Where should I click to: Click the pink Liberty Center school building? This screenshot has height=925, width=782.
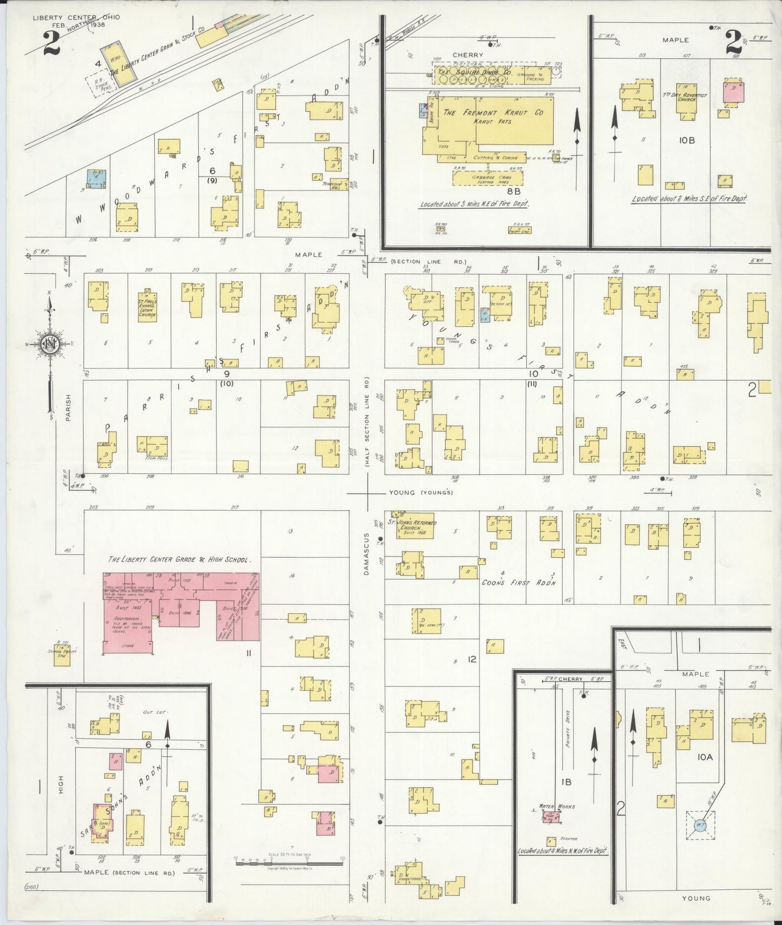click(x=179, y=611)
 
